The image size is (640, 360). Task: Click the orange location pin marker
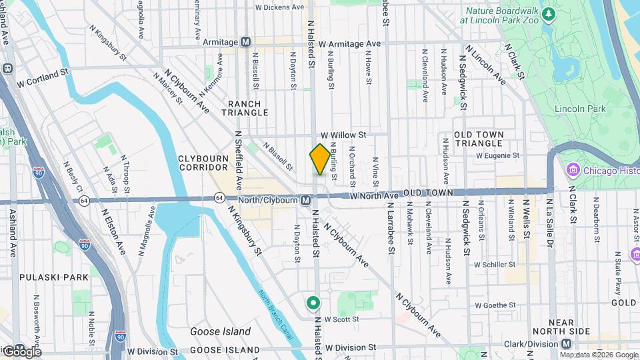pyautogui.click(x=320, y=159)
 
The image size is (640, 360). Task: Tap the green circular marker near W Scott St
pyautogui.click(x=313, y=304)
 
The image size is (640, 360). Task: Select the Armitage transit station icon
pyautogui.click(x=245, y=42)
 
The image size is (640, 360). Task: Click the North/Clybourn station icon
pyautogui.click(x=305, y=200)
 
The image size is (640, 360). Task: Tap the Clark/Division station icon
pyautogui.click(x=566, y=344)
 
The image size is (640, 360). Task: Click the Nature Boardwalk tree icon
pyautogui.click(x=549, y=13)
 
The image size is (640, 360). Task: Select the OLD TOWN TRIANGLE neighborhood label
pyautogui.click(x=487, y=139)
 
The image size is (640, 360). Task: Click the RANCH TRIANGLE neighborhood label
pyautogui.click(x=248, y=109)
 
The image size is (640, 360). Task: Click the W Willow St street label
pyautogui.click(x=343, y=135)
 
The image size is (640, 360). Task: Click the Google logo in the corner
pyautogui.click(x=21, y=351)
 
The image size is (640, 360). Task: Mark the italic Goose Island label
pyautogui.click(x=220, y=331)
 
